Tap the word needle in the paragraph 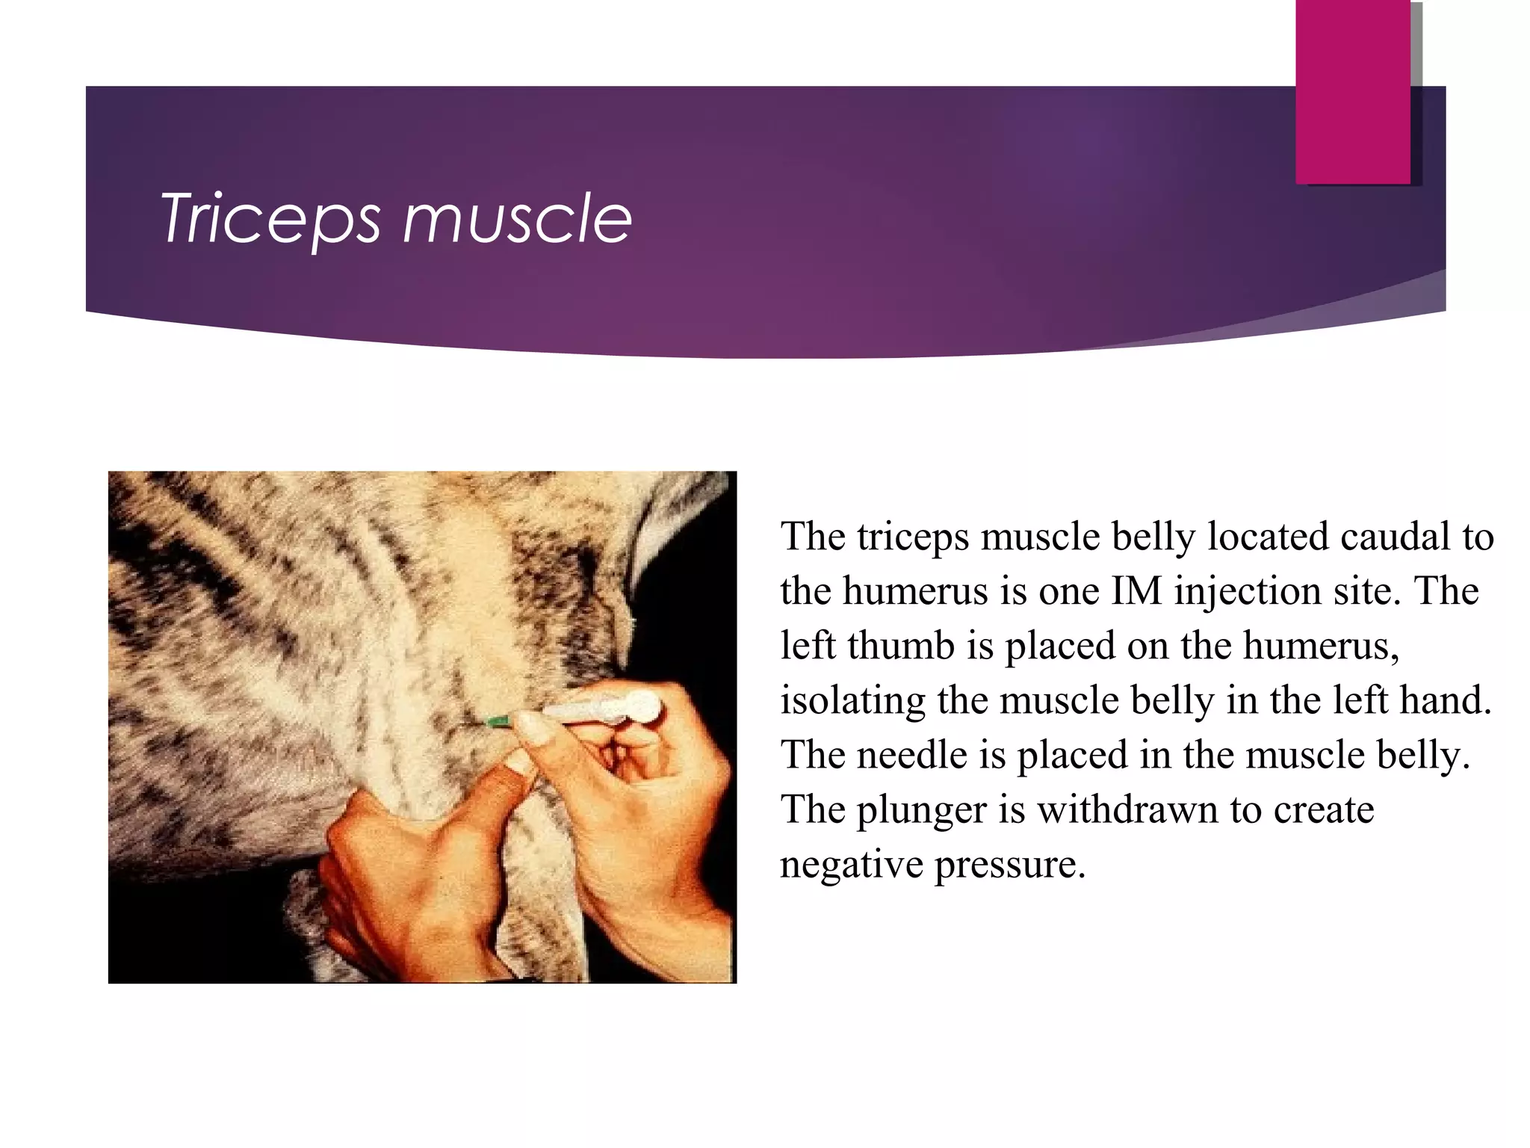point(911,755)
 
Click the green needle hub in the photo point(498,721)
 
